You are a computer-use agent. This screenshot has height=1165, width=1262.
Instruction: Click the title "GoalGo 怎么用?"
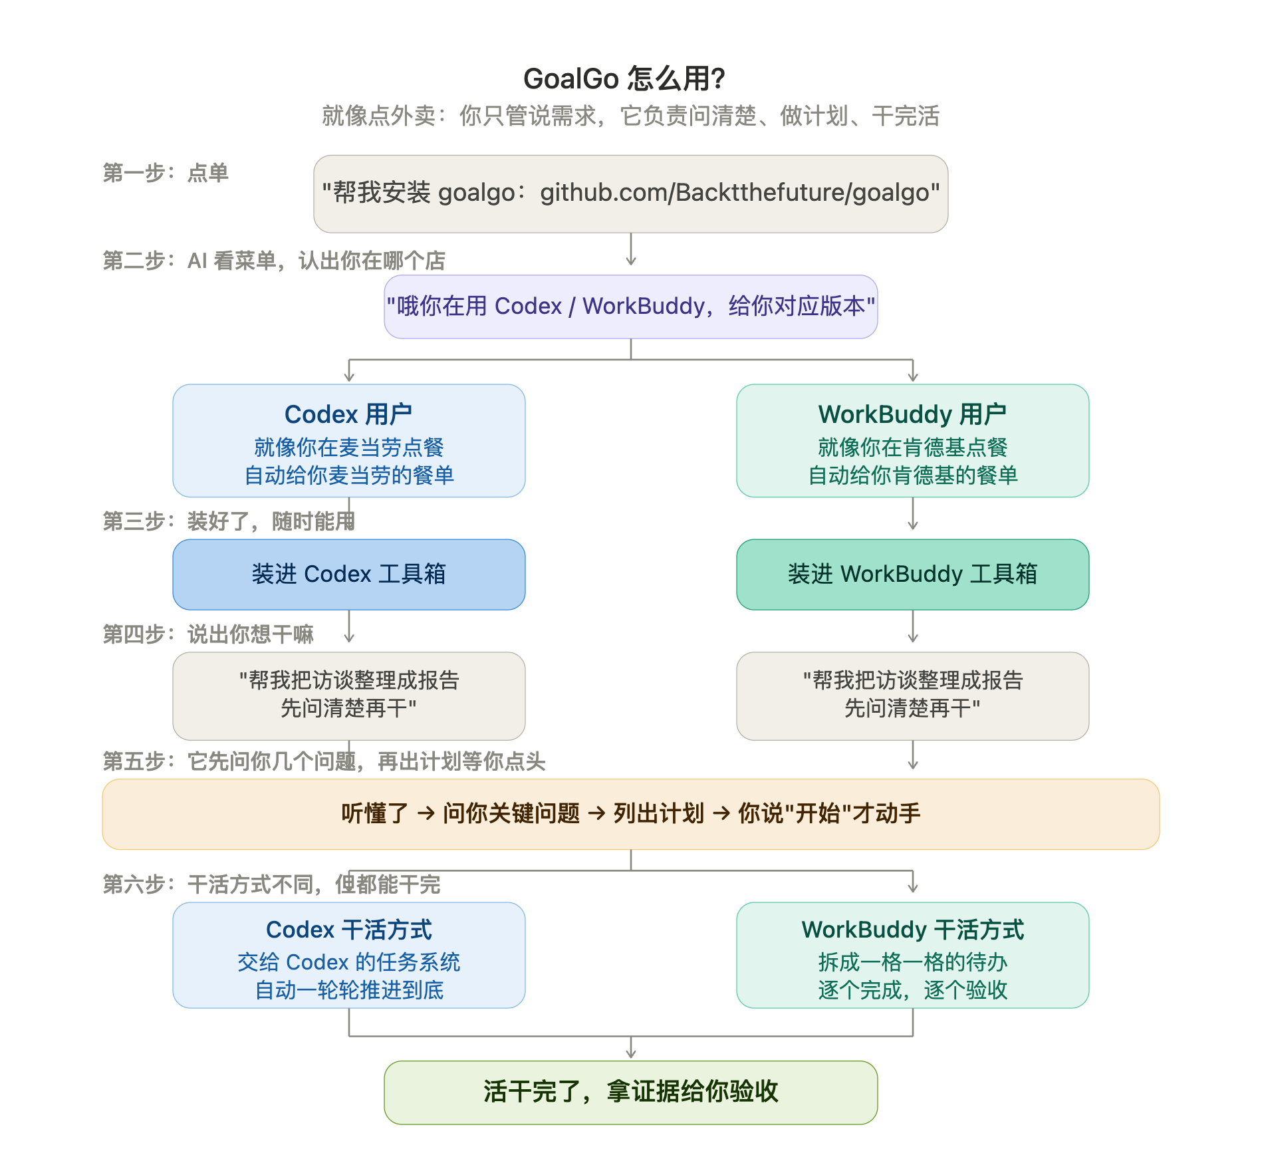[x=624, y=78]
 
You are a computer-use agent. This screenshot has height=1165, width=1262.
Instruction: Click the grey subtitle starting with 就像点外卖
[x=630, y=116]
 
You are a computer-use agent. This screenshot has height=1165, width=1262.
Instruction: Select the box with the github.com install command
[x=630, y=194]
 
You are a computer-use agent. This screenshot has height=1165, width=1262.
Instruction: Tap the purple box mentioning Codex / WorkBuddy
[x=630, y=307]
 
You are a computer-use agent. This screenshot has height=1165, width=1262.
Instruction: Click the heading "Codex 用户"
[x=348, y=414]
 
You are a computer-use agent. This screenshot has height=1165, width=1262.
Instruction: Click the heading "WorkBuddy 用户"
[x=912, y=414]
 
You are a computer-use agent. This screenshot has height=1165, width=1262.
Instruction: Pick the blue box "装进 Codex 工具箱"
[x=348, y=575]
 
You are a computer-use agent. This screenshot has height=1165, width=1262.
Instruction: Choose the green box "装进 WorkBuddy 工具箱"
[x=912, y=575]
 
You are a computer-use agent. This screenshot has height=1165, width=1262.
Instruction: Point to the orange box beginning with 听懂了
[x=630, y=814]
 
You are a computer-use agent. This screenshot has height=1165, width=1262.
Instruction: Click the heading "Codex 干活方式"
[x=348, y=930]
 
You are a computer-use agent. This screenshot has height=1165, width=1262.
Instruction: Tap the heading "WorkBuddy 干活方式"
[x=912, y=930]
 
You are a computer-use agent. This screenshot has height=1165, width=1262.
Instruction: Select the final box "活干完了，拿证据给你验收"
[x=630, y=1093]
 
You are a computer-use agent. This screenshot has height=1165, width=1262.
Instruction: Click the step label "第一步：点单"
[x=166, y=173]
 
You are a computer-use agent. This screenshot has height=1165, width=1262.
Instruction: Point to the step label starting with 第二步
[x=274, y=261]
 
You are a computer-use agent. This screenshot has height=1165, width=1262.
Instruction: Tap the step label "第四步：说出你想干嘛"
[x=208, y=634]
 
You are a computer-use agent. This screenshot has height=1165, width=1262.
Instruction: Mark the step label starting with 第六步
[x=271, y=884]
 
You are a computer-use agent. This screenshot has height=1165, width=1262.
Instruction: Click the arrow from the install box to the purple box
[x=631, y=249]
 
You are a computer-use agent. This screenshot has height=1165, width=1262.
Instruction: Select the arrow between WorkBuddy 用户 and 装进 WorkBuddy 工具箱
[x=913, y=513]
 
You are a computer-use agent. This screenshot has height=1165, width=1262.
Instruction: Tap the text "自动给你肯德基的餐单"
[x=912, y=475]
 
